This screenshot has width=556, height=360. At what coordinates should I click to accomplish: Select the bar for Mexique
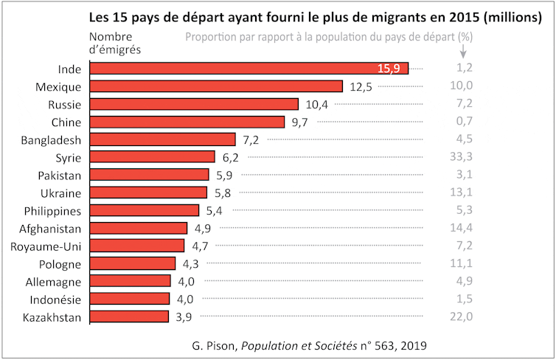[x=215, y=86]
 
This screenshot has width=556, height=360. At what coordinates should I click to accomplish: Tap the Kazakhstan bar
[x=129, y=316]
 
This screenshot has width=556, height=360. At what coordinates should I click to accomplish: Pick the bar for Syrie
[x=152, y=157]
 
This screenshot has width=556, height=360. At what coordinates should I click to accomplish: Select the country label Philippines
[x=50, y=210]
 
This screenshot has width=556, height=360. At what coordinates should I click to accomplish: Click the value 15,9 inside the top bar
[x=389, y=69]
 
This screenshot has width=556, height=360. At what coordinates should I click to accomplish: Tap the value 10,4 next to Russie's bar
[x=317, y=104]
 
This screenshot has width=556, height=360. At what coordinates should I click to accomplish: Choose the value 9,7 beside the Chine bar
[x=299, y=122]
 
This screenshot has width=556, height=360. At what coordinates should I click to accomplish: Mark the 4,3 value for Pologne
[x=190, y=263]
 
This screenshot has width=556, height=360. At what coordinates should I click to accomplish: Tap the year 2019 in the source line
[x=413, y=345]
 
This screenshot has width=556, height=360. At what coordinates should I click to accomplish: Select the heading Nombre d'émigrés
[x=115, y=43]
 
